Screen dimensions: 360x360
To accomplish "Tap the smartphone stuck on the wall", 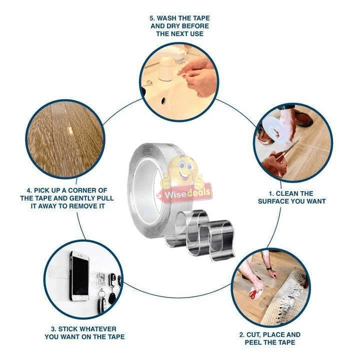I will click(79, 276).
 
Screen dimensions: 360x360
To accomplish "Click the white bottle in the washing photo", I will click(166, 69).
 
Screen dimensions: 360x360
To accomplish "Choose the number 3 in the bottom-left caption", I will click(53, 329).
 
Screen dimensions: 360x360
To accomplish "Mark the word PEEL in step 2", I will click(255, 342).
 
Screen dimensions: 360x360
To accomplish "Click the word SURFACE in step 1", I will click(276, 201).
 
